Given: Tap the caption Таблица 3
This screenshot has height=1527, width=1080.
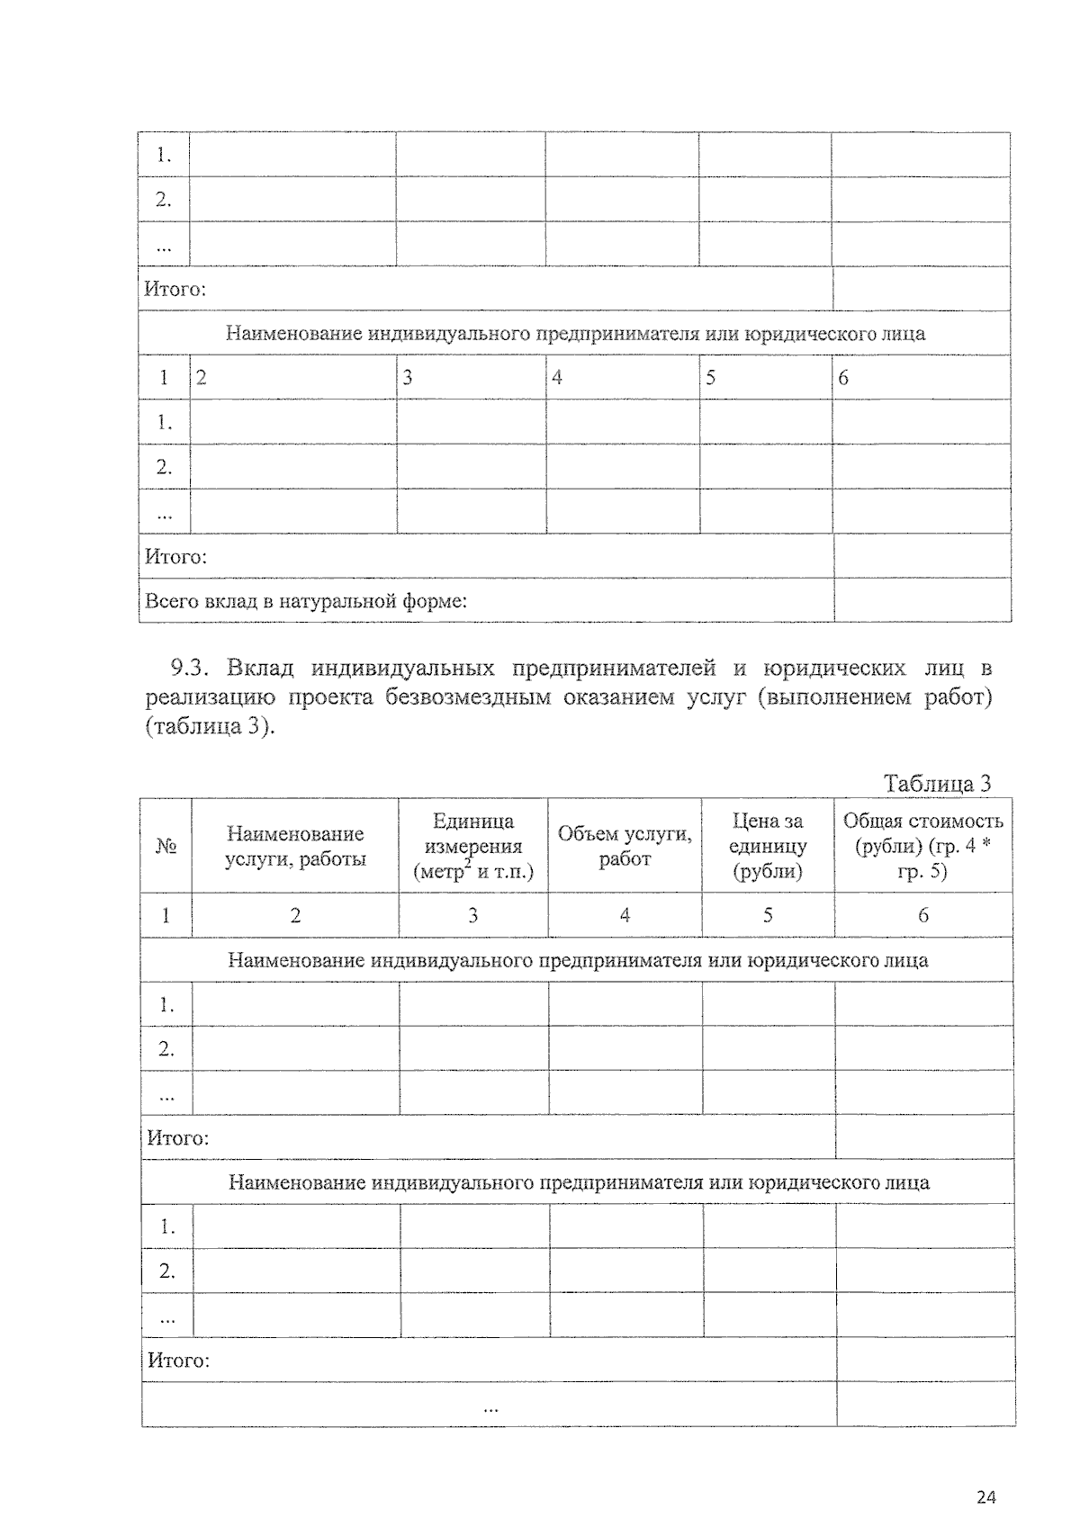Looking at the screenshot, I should click(937, 783).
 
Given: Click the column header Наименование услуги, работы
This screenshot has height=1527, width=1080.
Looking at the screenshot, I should click(295, 846).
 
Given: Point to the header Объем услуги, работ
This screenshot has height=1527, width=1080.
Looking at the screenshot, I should click(625, 846).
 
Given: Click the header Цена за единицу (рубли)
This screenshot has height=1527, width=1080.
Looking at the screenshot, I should click(768, 846).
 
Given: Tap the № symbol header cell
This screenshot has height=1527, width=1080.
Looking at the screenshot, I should click(166, 847).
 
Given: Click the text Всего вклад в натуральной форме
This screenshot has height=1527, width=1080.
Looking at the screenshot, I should click(306, 600).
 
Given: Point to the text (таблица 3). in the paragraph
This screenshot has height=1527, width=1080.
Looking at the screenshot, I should click(209, 726).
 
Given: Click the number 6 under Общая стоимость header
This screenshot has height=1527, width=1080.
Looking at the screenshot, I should click(922, 915).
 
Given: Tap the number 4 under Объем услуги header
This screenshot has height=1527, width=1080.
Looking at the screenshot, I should click(625, 915).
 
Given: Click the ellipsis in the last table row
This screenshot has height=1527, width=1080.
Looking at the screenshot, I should click(490, 1407).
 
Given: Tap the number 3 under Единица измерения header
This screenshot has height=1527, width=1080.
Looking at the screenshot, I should click(472, 915).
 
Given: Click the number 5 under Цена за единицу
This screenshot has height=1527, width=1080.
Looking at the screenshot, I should click(768, 915).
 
